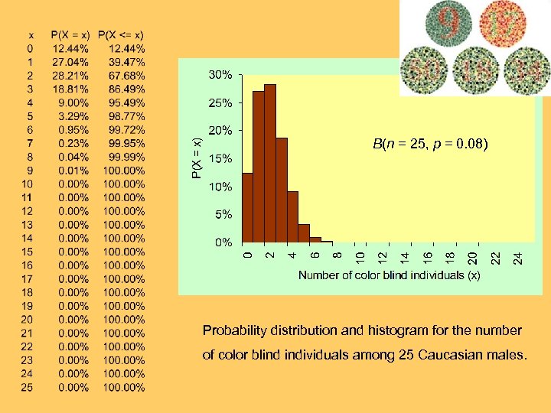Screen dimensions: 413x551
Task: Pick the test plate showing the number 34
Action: (528, 70)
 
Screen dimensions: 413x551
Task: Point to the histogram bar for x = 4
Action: (292, 218)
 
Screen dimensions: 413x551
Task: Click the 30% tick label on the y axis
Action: (221, 75)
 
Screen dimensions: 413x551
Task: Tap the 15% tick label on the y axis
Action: (221, 159)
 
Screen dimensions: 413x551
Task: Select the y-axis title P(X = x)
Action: (196, 158)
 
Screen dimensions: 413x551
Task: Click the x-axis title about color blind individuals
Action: (389, 275)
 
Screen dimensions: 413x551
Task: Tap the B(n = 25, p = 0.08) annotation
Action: (431, 144)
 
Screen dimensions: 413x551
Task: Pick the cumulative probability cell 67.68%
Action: (124, 76)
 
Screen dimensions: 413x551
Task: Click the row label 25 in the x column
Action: (27, 387)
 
